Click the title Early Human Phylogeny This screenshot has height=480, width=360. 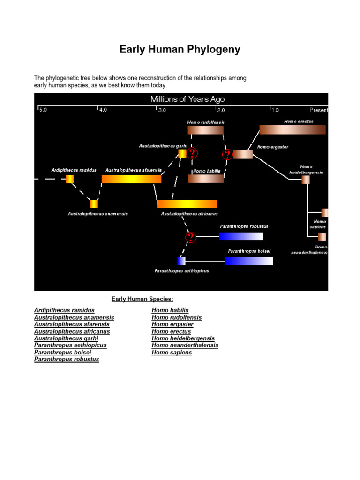point(180,50)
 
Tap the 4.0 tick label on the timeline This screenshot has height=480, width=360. point(102,110)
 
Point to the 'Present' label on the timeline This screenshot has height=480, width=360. point(319,110)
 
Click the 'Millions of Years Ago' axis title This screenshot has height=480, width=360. point(187,99)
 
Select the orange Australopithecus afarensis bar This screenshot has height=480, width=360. point(131,179)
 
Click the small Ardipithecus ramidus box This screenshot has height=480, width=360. point(70,179)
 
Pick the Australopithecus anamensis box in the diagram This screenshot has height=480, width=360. point(94,204)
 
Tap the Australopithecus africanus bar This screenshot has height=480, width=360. point(187,204)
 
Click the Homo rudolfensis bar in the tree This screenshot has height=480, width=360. point(205,130)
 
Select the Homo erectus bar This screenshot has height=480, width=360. point(292,130)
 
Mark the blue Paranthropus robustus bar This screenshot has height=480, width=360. point(241,236)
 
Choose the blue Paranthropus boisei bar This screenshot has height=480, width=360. point(248,261)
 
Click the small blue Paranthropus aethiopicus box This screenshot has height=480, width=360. point(181,261)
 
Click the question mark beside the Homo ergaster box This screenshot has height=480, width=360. point(228,154)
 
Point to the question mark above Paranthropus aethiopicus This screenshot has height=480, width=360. point(190,237)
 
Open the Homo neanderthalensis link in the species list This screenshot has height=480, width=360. point(185,345)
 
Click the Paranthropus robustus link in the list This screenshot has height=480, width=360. point(67,360)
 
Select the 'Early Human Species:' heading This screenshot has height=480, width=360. point(142,299)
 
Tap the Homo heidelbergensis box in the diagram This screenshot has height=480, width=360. point(306,180)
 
